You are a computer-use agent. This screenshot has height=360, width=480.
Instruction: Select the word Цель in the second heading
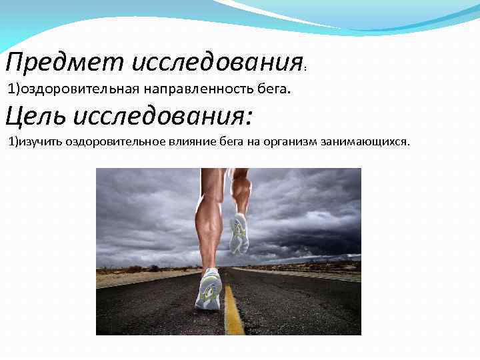coord(35,117)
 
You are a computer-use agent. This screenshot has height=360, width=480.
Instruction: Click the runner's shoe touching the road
coord(209,289)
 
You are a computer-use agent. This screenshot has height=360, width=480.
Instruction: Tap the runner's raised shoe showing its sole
coord(238,234)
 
